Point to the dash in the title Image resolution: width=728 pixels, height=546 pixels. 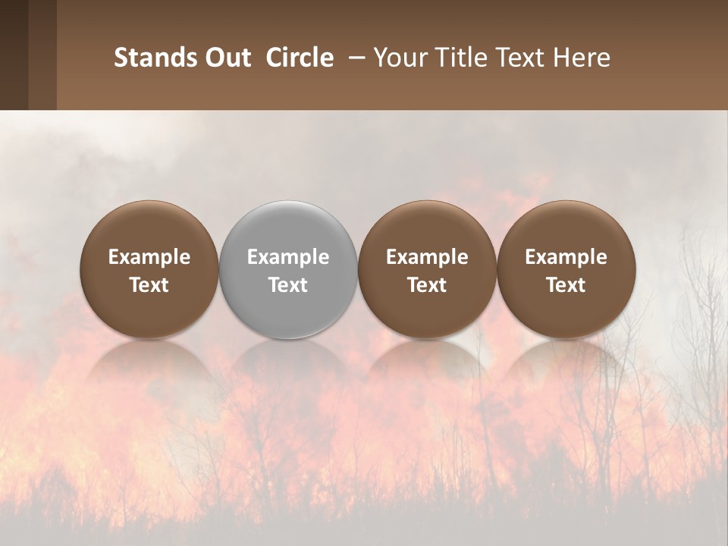[353, 58]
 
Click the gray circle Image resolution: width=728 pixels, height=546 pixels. [288, 269]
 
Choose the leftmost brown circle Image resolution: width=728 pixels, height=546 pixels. [149, 269]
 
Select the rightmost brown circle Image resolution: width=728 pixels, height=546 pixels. [566, 269]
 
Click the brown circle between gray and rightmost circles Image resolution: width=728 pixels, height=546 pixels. [427, 269]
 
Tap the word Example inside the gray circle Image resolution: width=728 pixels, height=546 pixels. [288, 257]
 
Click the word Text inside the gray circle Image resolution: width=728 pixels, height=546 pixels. [288, 285]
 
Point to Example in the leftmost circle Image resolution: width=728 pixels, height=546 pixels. [149, 257]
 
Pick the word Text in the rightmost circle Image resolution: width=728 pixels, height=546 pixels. [566, 285]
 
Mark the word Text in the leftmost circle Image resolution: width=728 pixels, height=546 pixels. [149, 285]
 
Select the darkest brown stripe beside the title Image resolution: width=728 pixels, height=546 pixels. [14, 55]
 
